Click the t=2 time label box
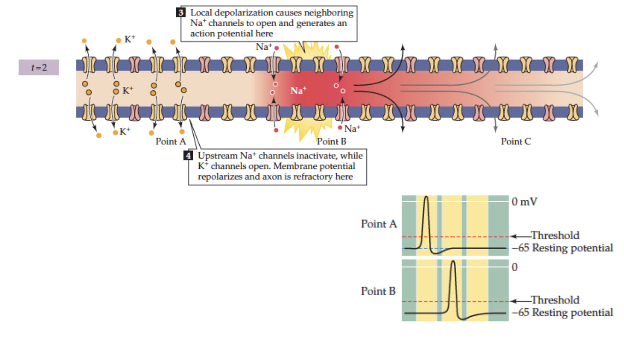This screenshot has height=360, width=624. pyautogui.click(x=39, y=67)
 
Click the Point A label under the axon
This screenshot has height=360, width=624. pyautogui.click(x=170, y=141)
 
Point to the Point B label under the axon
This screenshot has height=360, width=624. pyautogui.click(x=331, y=141)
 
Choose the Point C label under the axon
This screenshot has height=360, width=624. pyautogui.click(x=515, y=141)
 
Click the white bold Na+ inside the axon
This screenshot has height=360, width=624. pyautogui.click(x=299, y=90)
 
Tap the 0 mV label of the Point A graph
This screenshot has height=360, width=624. pyautogui.click(x=525, y=202)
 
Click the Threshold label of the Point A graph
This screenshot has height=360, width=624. pyautogui.click(x=555, y=236)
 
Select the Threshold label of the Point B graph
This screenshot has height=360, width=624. pyautogui.click(x=555, y=300)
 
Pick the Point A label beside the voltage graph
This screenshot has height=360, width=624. pyautogui.click(x=379, y=224)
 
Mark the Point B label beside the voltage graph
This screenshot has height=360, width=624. pyautogui.click(x=378, y=291)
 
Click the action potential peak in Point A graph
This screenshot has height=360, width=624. pyautogui.click(x=427, y=197)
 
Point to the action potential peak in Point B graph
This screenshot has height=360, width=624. pyautogui.click(x=453, y=262)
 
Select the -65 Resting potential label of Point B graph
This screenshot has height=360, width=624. pyautogui.click(x=563, y=313)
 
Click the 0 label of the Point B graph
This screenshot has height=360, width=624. pyautogui.click(x=515, y=267)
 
